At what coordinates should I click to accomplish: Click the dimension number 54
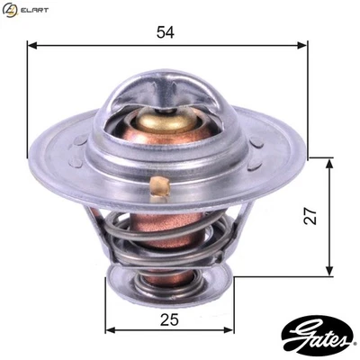166,32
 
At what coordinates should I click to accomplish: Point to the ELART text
34,10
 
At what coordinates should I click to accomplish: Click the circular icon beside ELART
10,10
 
